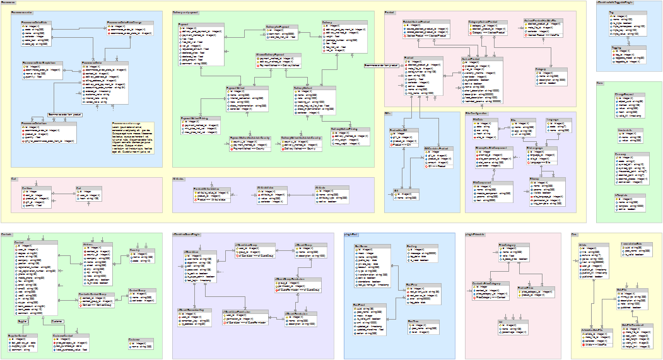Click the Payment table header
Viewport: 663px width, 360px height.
pos(201,23)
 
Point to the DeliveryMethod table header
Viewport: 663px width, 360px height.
pos(312,88)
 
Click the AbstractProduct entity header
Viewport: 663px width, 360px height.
pos(474,59)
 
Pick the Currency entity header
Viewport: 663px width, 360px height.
pos(628,153)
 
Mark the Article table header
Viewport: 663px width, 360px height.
pos(592,243)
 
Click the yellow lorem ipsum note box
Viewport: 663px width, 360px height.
pos(132,136)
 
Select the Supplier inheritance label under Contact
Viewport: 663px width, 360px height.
pos(22,322)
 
